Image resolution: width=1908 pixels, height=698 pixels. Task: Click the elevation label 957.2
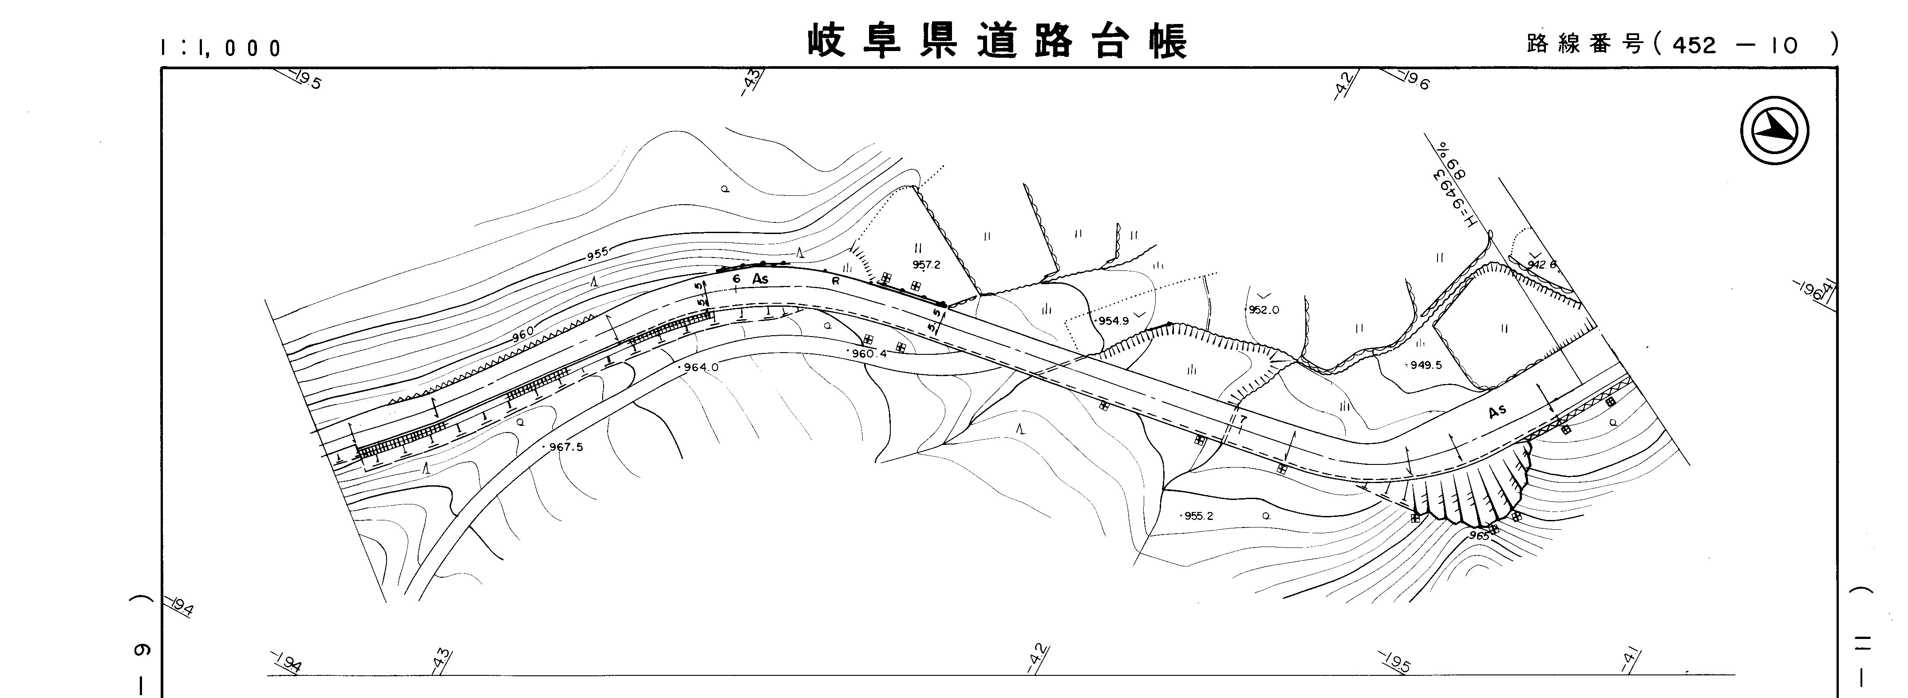tap(926, 265)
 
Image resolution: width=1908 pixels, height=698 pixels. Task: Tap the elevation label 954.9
tap(1113, 321)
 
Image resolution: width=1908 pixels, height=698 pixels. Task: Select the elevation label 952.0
tap(1264, 310)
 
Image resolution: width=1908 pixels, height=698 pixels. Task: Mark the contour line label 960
tap(522, 337)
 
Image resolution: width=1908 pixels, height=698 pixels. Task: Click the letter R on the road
tap(835, 282)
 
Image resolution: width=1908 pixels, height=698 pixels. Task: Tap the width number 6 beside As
tap(735, 278)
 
